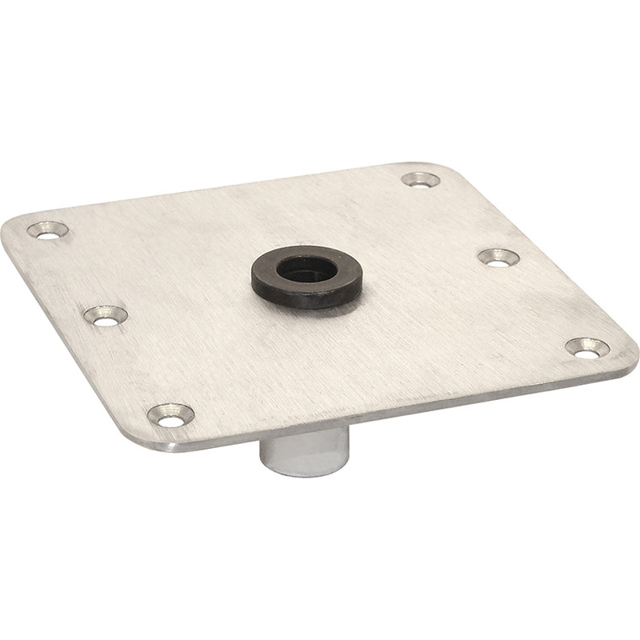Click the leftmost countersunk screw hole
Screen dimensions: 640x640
[x=47, y=230]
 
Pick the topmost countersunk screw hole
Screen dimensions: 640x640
[x=420, y=179]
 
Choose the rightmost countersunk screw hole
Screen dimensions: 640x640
[x=587, y=348]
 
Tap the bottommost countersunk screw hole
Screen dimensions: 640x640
[x=170, y=414]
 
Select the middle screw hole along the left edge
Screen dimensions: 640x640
[x=105, y=316]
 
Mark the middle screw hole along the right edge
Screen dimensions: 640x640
[x=498, y=258]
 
